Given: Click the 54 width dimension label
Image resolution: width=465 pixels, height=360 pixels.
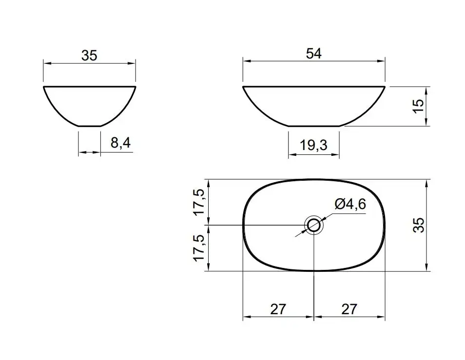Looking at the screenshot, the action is [x=314, y=54].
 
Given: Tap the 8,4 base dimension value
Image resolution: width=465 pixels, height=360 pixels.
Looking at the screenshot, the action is [x=121, y=143].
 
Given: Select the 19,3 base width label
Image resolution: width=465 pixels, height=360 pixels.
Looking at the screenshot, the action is [x=313, y=145].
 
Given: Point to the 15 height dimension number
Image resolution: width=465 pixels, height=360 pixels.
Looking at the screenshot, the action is [x=418, y=106].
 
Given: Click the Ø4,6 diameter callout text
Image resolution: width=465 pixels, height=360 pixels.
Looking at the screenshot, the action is [x=350, y=204].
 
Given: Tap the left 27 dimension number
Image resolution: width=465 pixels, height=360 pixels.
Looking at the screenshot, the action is [x=278, y=309].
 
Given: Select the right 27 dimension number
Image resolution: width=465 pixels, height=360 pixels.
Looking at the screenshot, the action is [x=349, y=309].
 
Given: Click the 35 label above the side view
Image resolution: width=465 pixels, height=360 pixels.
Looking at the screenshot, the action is [x=89, y=56].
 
